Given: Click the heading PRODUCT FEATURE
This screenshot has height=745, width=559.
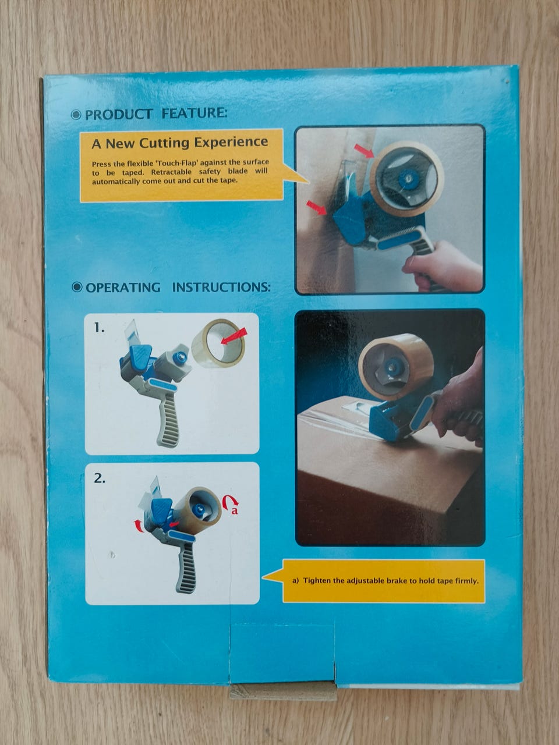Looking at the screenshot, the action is tap(156, 113).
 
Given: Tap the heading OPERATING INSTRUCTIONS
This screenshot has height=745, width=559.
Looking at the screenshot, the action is tap(178, 288).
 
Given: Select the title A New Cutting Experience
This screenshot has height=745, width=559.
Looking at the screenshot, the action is tap(179, 143).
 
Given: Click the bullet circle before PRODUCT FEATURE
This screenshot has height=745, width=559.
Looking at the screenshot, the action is tap(76, 115).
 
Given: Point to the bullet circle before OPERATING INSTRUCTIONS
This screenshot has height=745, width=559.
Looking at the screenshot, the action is tap(77, 287).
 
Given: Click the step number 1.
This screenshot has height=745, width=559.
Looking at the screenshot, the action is tap(99, 328).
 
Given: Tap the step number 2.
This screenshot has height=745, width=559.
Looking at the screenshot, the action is tap(100, 478).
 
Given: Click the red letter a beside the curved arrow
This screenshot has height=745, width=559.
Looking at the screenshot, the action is tap(235, 510).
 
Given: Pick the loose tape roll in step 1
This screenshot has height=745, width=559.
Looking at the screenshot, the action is tap(218, 343).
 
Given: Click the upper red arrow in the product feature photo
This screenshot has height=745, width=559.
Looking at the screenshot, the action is tap(364, 151).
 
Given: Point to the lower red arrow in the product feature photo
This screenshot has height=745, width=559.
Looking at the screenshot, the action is tap(316, 208).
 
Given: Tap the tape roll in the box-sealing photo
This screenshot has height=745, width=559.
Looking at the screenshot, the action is tap(396, 367).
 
